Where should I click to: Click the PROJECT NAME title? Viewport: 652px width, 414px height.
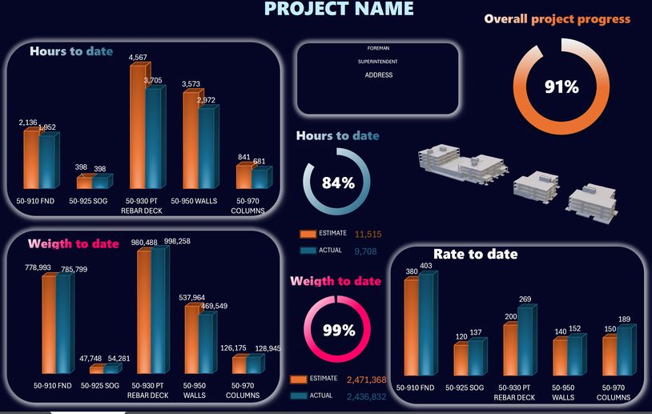(340, 9)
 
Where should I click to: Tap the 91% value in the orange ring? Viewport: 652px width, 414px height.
(561, 87)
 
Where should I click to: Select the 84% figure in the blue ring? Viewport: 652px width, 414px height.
(338, 183)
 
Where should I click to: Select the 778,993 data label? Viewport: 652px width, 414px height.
(38, 267)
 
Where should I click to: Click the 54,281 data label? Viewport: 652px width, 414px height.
(117, 357)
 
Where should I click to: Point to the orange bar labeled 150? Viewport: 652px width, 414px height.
(610, 356)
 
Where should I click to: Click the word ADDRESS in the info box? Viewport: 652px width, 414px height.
(378, 75)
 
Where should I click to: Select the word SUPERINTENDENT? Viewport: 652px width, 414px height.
(378, 61)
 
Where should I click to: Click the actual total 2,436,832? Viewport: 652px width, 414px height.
(366, 396)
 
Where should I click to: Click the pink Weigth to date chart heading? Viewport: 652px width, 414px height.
(74, 243)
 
